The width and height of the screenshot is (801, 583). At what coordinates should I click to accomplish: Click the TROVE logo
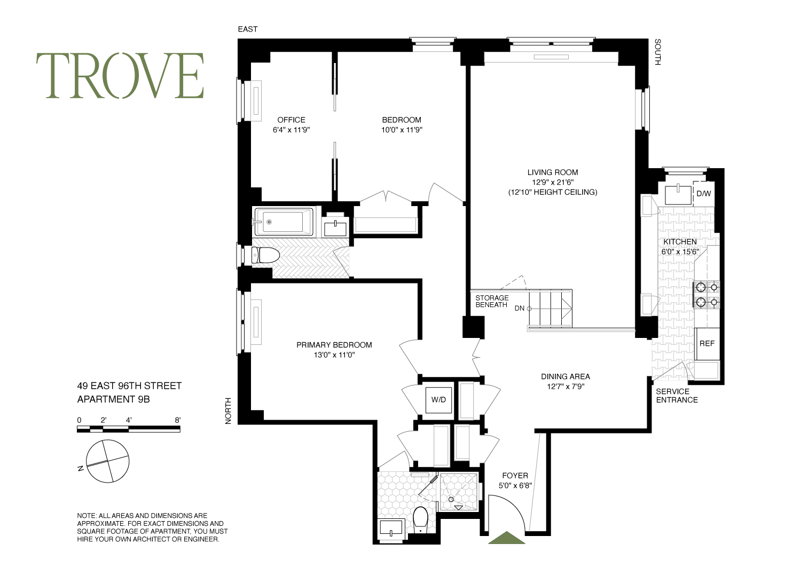(x=120, y=76)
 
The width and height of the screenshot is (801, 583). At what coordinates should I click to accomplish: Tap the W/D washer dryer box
(x=439, y=399)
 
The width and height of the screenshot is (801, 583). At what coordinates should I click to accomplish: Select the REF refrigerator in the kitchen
(x=707, y=344)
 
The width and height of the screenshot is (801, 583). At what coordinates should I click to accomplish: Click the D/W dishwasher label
(x=704, y=194)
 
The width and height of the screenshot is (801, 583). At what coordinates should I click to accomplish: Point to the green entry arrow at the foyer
(x=507, y=538)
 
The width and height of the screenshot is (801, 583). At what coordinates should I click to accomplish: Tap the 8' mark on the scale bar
(x=178, y=420)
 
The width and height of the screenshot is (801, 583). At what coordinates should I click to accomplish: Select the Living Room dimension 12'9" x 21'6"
(x=552, y=182)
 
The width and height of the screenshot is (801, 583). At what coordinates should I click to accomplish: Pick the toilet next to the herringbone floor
(x=266, y=256)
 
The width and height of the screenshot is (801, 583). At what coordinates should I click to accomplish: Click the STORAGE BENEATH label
(x=492, y=301)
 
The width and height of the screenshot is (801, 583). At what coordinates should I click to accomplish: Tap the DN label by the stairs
(x=519, y=308)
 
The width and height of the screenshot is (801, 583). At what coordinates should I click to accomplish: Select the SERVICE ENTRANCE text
(x=677, y=395)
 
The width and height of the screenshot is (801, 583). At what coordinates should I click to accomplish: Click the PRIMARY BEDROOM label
(x=334, y=345)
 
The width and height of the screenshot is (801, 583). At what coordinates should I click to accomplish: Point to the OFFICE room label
(x=291, y=120)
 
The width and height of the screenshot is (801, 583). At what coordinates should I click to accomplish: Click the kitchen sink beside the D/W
(x=678, y=194)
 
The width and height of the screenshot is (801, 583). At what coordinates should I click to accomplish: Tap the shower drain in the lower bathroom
(x=451, y=499)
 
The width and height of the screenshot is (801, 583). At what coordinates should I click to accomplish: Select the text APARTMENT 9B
(x=113, y=399)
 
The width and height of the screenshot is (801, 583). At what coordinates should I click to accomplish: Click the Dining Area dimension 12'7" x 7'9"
(x=565, y=387)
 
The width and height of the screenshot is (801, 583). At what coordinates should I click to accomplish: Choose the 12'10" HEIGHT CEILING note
(x=552, y=192)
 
